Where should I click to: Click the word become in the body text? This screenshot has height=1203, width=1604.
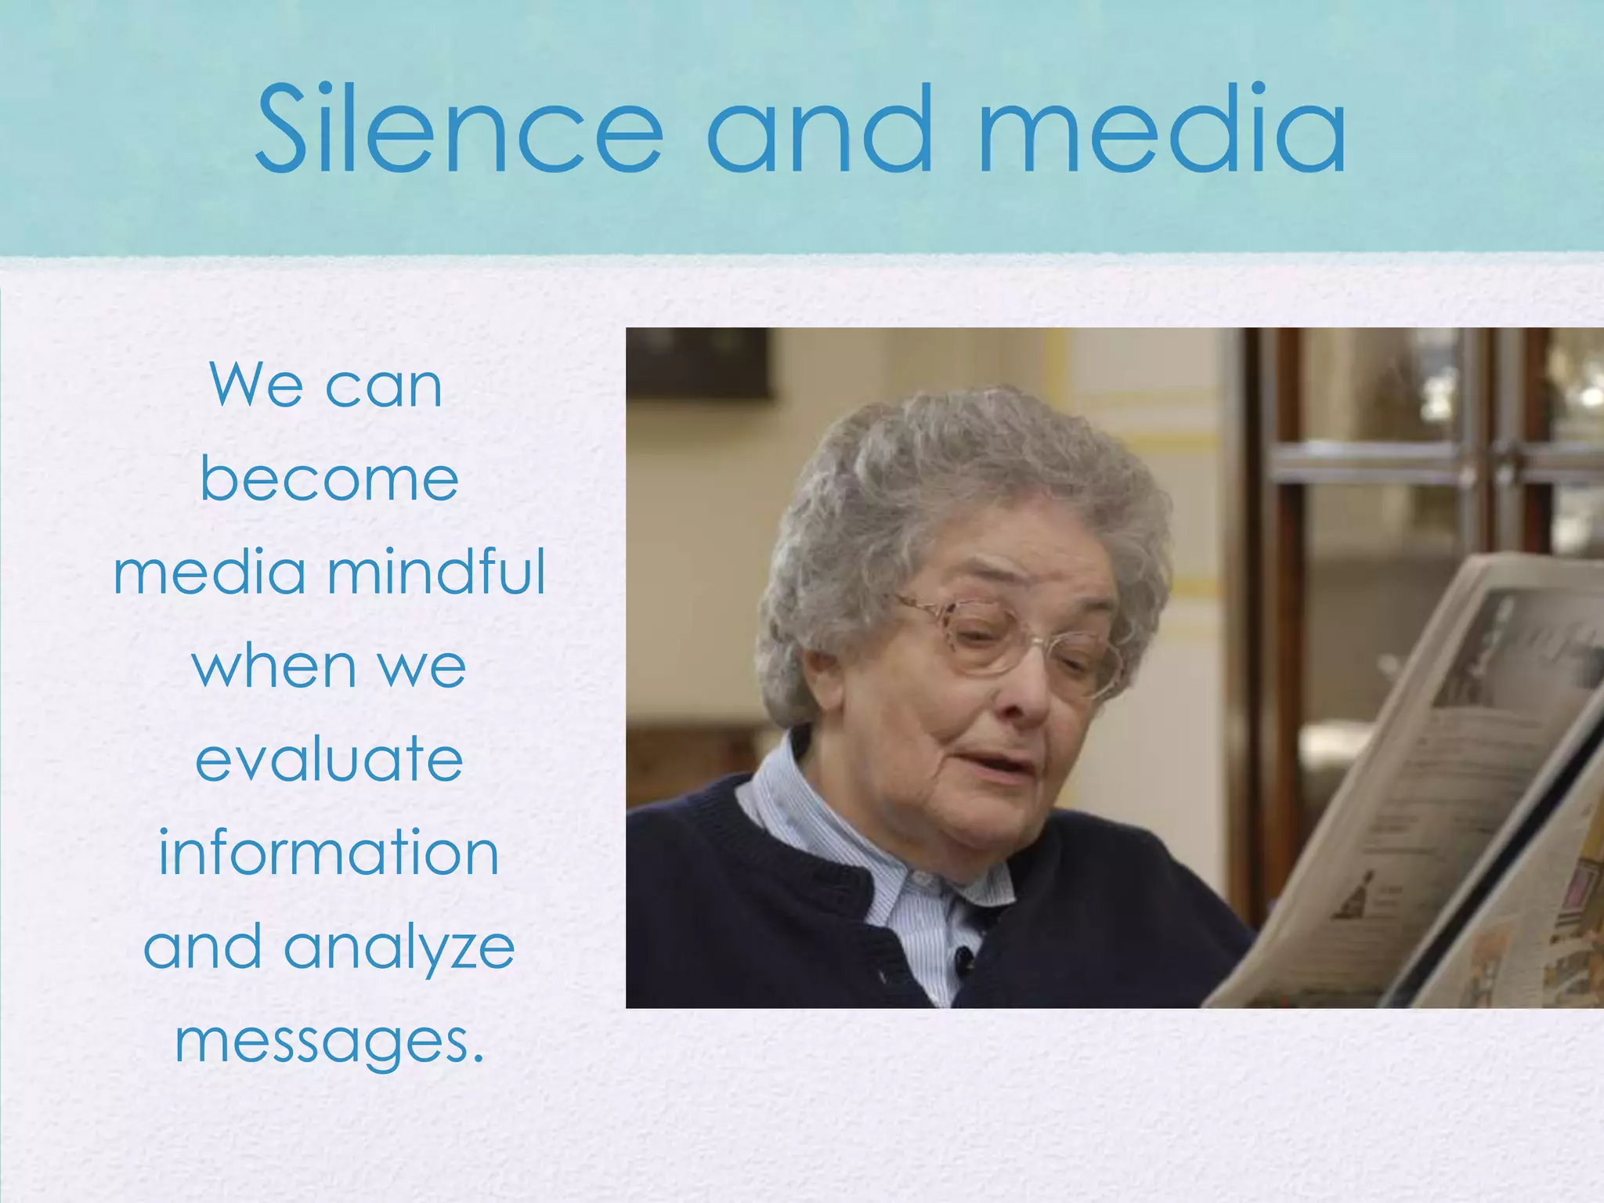pos(329,479)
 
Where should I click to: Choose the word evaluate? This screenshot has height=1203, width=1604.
pos(329,759)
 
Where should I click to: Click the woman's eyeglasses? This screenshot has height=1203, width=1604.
pos(1010,638)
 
